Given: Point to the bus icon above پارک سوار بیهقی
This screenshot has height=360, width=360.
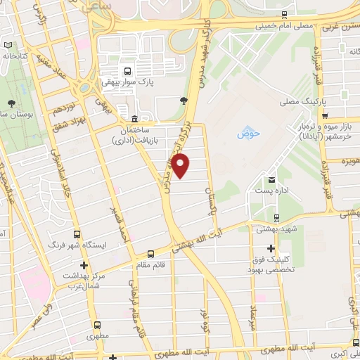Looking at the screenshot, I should coord(127,71).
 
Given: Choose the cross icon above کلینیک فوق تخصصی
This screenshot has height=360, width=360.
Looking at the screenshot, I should coord(271,247).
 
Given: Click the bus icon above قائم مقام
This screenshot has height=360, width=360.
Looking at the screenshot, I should coord(150,254).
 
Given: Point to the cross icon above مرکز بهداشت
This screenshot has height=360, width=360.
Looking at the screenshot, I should coord(84,266).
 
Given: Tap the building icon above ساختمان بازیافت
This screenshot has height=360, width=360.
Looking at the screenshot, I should coord(135,118).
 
